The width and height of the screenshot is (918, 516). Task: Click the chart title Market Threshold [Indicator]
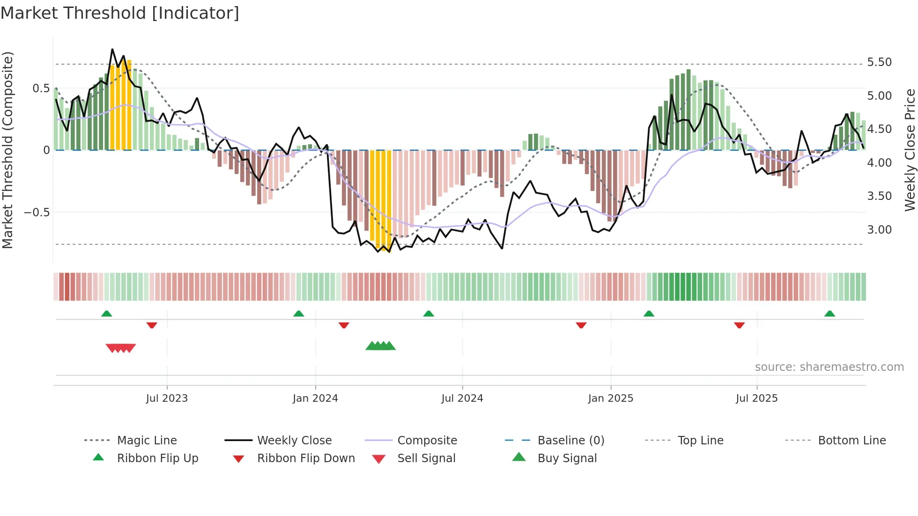(120, 13)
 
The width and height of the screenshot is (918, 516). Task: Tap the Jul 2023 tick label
(167, 398)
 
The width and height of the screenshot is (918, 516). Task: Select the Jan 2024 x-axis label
(315, 398)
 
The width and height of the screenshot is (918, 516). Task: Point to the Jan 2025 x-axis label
(610, 398)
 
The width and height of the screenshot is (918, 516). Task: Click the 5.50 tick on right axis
(879, 62)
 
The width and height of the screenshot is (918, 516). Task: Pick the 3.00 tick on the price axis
(879, 230)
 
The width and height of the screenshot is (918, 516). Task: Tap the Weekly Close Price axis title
(910, 150)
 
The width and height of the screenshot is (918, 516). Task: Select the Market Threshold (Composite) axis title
(7, 150)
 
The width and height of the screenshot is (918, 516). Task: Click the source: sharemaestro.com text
(829, 367)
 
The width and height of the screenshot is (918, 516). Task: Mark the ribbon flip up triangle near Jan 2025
(649, 314)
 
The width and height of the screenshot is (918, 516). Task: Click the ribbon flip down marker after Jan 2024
(344, 325)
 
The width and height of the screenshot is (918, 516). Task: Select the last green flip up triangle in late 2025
(829, 314)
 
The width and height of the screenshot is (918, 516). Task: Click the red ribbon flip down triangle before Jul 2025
(739, 325)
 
